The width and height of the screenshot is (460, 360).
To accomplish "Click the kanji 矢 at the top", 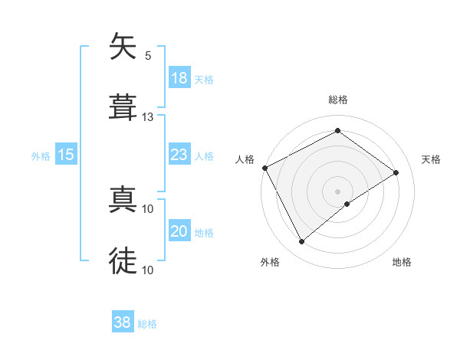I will tap(123, 47).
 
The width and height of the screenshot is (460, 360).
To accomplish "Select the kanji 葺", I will tap(123, 107).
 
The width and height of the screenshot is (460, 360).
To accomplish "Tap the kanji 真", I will tap(123, 200).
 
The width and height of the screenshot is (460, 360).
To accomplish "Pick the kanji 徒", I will tap(123, 260).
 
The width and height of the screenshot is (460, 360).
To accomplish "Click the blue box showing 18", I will tap(179, 78).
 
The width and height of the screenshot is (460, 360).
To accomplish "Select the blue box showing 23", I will tap(179, 155).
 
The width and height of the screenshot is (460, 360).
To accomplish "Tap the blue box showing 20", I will tap(179, 231).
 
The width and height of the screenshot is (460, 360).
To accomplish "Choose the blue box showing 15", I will tap(66, 155).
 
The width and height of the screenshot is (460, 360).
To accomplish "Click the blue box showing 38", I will tap(123, 323).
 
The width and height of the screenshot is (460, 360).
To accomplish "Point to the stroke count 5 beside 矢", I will tap(148, 55).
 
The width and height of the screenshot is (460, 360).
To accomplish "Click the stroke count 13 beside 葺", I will tap(148, 116).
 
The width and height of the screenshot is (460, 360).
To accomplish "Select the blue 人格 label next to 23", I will tap(203, 156).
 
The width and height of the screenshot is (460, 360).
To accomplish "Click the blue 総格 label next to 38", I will tap(147, 325).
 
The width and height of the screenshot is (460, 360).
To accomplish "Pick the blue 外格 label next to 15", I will tap(41, 156).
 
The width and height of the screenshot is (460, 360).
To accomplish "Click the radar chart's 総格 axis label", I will tap(338, 100).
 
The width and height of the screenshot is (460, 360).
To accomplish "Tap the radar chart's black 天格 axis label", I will tap(432, 159).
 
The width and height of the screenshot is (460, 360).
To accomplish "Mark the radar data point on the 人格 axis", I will tap(264, 168).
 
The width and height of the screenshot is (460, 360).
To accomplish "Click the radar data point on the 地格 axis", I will tap(347, 204).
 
